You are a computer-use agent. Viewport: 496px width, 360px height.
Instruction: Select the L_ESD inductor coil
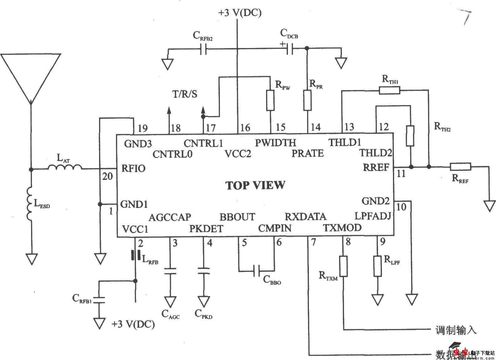tap(30, 204)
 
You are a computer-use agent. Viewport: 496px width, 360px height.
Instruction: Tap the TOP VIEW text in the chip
tap(255, 185)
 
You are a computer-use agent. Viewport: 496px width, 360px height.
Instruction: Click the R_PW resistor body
tap(270, 100)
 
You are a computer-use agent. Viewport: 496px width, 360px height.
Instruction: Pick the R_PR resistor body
tap(307, 100)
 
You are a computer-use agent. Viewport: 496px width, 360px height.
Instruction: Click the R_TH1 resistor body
tap(389, 91)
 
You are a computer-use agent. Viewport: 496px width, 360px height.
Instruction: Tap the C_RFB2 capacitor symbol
tap(203, 49)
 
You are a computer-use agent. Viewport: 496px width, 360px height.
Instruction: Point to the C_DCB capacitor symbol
tap(290, 49)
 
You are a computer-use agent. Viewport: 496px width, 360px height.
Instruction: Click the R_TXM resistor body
tap(343, 266)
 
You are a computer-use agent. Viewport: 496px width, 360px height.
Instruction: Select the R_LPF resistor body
tap(378, 266)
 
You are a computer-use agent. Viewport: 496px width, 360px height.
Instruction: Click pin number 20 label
tap(107, 176)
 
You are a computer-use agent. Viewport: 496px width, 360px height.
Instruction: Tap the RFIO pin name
tap(133, 168)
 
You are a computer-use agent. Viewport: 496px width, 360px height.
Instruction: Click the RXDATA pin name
tap(305, 216)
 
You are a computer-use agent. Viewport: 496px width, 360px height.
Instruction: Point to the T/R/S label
tap(185, 94)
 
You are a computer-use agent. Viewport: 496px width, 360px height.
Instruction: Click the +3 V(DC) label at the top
tap(240, 13)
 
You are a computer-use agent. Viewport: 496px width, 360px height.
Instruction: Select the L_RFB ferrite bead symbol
tap(136, 255)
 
